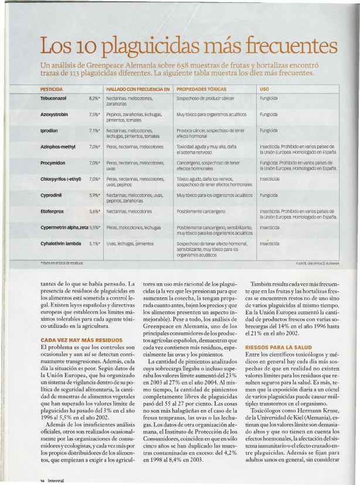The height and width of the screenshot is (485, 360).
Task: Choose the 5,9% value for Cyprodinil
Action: (x=94, y=195)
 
